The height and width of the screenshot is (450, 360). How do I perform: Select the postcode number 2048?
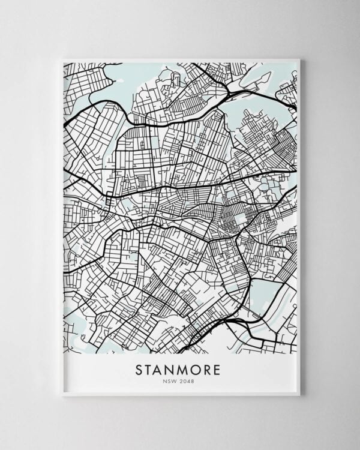point(188,379)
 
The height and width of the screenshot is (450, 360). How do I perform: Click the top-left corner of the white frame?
point(62,59)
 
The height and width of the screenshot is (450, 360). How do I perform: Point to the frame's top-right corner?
point(299,59)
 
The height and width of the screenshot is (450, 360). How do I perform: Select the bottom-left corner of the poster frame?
point(62,395)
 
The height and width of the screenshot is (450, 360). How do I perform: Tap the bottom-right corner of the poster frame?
point(299,395)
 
